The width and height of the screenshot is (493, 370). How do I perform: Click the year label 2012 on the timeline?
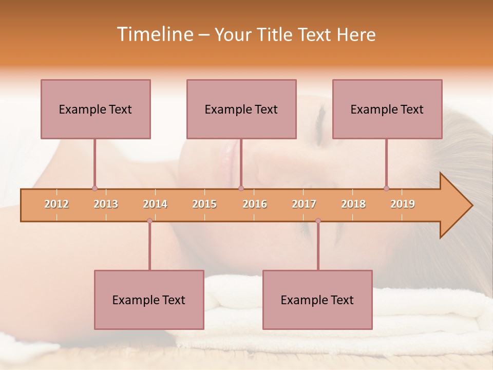(x=56, y=204)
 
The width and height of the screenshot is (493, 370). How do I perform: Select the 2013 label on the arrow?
(x=106, y=204)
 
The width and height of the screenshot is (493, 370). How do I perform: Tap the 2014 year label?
(x=155, y=204)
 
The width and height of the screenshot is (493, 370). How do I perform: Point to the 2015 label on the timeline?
(x=204, y=204)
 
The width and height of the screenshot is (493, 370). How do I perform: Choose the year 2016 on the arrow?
(x=255, y=204)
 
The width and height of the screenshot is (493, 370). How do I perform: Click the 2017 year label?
(x=304, y=204)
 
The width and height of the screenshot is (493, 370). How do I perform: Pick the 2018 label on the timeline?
(x=353, y=204)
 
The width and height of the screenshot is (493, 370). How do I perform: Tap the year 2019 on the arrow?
(x=403, y=204)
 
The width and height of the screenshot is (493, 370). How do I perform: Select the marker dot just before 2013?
(x=94, y=188)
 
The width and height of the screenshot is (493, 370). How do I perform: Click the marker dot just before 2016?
(x=241, y=188)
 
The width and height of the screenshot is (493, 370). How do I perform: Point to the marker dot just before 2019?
(x=386, y=188)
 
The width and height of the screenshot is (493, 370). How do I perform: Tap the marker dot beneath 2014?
(x=149, y=220)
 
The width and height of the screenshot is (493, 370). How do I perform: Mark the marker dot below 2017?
(x=318, y=220)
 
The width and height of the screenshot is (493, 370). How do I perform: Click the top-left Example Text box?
(x=96, y=109)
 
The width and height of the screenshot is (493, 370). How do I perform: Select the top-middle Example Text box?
(x=241, y=109)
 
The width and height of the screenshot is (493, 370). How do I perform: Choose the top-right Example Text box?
(x=387, y=109)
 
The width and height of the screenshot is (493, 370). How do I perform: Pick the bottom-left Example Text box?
(x=149, y=300)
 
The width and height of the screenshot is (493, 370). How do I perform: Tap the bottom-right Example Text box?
(x=317, y=300)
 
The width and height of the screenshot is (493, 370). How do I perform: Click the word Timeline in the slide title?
(x=154, y=34)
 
